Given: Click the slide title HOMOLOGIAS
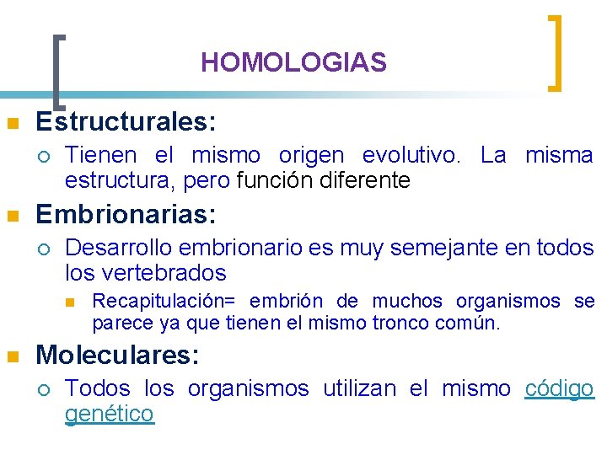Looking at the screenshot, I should click(x=293, y=62).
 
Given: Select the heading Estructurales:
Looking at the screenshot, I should click(x=126, y=123).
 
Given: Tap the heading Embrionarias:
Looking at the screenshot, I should click(x=126, y=215).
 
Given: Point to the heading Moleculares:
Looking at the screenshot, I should click(x=117, y=356).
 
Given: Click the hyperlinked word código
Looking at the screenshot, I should click(x=559, y=388).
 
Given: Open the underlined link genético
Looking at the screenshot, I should click(x=110, y=414).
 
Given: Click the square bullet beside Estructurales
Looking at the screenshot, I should click(x=12, y=125).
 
